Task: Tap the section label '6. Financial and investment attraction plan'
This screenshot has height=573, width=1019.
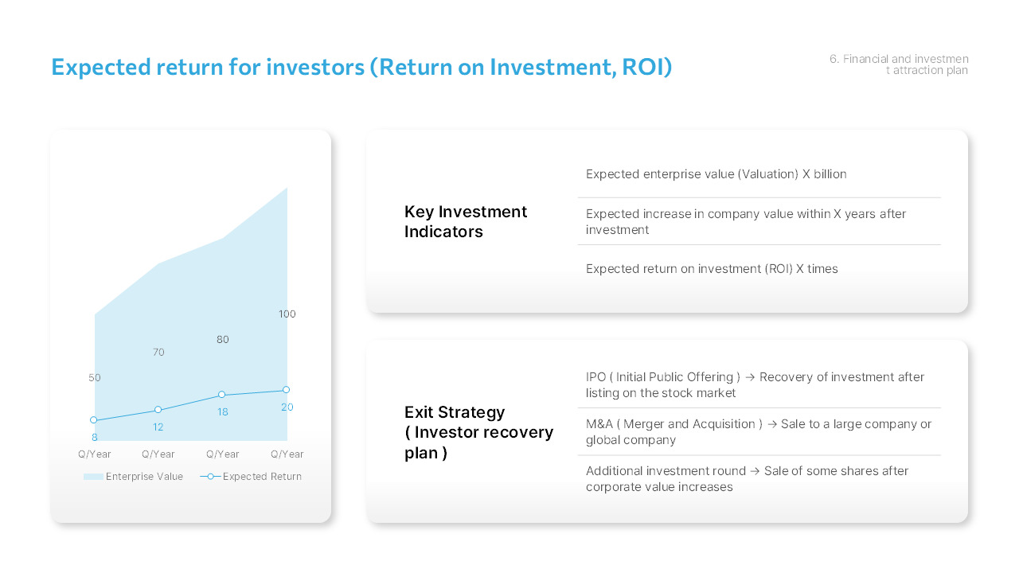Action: pos(899,64)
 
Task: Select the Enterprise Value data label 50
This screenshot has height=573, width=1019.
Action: pos(95,378)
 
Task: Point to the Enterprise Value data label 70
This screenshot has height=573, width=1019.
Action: pos(158,352)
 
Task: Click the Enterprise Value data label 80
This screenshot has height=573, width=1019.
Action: pos(223,340)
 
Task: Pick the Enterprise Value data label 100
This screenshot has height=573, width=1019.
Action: pos(287,314)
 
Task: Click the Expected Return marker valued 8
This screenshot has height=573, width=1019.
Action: pos(94,420)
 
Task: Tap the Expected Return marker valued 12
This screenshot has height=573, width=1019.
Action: pos(158,410)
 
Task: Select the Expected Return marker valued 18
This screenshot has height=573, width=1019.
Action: pos(222,395)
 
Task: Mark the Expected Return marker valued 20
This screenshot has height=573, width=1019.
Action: pos(287,390)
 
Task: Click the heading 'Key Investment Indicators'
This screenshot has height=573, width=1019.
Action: pos(466,221)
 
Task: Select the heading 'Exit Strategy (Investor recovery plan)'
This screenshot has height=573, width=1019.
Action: pos(478,432)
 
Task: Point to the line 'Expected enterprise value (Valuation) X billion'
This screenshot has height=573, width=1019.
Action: pos(716,174)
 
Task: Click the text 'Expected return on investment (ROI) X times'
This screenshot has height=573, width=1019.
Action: pos(712,269)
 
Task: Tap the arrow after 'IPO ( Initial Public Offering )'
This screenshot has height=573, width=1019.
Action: pos(750,377)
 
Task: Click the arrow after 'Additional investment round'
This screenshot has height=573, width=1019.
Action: pos(755,471)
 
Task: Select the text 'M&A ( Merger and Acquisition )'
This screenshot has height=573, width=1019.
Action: pos(673,424)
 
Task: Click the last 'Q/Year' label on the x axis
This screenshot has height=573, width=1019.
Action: pos(287,454)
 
